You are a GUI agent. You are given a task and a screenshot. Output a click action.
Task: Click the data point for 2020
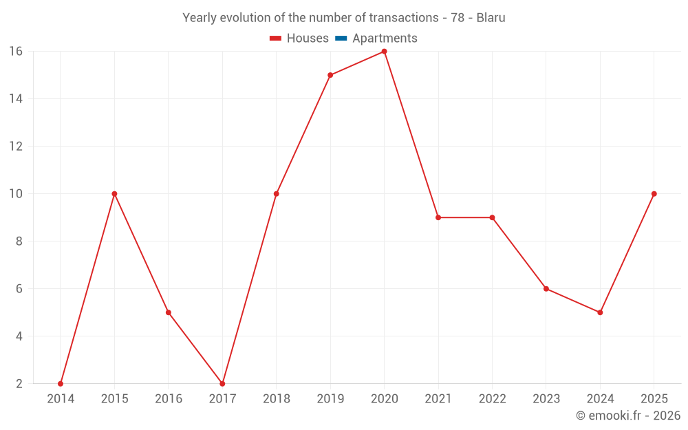(385, 52)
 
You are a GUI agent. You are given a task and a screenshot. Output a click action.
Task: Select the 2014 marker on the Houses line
(61, 384)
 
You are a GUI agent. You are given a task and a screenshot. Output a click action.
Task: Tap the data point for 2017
(222, 384)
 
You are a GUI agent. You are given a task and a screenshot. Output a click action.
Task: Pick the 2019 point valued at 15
(330, 75)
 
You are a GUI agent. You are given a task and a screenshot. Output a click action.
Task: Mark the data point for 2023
(546, 289)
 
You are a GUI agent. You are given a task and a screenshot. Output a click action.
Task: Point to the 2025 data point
(654, 194)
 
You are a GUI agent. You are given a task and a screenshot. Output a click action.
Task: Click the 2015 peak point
(114, 194)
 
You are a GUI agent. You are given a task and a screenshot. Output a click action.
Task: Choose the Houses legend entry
(299, 39)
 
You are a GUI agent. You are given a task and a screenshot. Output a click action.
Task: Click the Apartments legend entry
(376, 39)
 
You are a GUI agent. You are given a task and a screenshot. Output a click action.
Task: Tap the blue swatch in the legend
(341, 39)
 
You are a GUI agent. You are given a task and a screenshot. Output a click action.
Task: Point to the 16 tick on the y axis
(16, 52)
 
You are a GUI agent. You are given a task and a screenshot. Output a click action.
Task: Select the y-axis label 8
(19, 241)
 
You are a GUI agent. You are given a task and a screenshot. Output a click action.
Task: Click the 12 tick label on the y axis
(16, 146)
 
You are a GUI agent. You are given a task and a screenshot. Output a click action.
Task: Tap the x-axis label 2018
(277, 399)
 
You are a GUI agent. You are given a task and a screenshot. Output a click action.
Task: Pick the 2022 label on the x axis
(493, 399)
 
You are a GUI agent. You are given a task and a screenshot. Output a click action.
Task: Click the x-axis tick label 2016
(169, 399)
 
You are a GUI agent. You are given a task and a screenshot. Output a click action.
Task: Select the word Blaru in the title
(491, 18)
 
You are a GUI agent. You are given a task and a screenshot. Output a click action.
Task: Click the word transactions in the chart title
(404, 18)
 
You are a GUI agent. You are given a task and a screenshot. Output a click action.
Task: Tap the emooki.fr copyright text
(628, 415)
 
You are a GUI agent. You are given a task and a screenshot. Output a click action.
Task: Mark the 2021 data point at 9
(438, 217)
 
